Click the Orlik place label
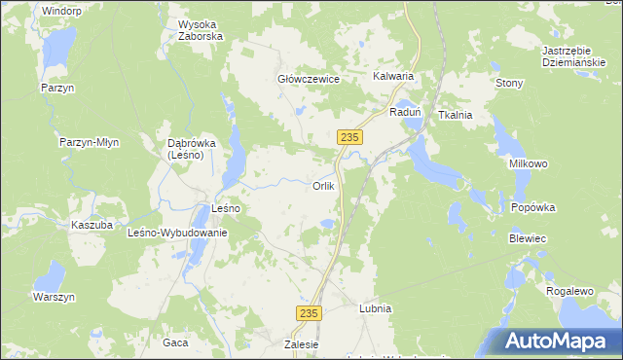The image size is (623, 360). coord(324,186)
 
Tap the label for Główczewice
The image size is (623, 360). coord(309,80)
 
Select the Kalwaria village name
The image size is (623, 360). coord(393,76)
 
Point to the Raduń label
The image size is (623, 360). coord(404,112)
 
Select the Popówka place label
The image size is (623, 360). coord(532,207)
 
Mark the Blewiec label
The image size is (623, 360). coord(528,238)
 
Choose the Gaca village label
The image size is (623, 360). coord(175,342)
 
